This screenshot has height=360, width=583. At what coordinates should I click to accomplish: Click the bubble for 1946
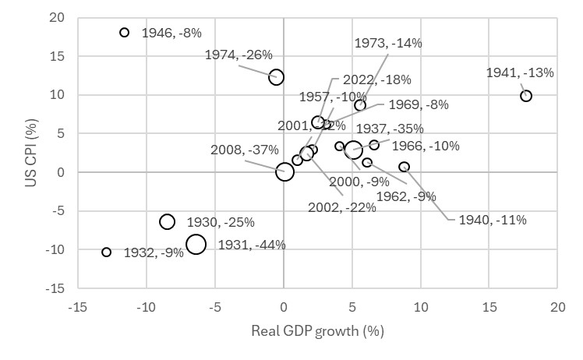[124, 33]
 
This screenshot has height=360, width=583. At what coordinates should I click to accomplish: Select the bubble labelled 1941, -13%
[526, 96]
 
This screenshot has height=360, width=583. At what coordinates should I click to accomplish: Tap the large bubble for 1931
[196, 244]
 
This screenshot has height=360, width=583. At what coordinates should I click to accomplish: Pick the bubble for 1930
[167, 222]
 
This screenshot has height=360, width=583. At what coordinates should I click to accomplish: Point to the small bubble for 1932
[107, 252]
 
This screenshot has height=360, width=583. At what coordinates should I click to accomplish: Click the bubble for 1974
[276, 77]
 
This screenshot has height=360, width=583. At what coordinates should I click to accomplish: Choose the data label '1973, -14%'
[387, 44]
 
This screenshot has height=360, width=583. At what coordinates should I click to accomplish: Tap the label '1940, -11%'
[492, 220]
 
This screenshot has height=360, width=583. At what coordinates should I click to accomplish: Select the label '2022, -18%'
[366, 79]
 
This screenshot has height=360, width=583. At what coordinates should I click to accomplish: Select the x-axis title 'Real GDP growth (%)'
[318, 331]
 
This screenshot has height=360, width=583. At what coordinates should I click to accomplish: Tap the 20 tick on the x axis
[557, 306]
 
